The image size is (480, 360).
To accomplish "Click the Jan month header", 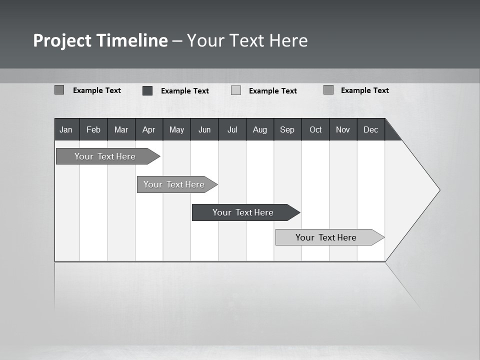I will coord(66,129).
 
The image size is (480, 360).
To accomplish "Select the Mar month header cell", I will coord(121,129).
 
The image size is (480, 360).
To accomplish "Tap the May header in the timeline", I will coord(176,129).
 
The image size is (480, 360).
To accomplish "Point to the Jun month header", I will coord(204,129).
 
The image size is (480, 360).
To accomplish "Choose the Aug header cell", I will coord(260,129).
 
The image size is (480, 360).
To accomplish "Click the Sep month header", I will coord(287,129).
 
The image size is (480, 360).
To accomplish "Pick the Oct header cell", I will coord(315,129).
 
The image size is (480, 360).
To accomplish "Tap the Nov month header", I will coord(343,129).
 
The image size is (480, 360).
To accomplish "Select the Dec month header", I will coord(371,129).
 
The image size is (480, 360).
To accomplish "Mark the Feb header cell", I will coord(93,129).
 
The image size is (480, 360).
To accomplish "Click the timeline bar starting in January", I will coord(105,156).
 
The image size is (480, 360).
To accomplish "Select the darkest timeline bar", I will coord(243,212).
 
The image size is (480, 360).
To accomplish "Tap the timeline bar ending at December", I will coord(326,237).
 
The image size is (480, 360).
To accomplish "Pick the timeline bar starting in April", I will coord(174,184).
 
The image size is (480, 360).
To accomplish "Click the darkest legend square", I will coord(147,90).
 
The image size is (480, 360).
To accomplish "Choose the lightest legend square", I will coord(236,90).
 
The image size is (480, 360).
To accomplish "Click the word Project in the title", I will coord(62,41).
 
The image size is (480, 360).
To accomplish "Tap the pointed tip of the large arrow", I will coord(438,190).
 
